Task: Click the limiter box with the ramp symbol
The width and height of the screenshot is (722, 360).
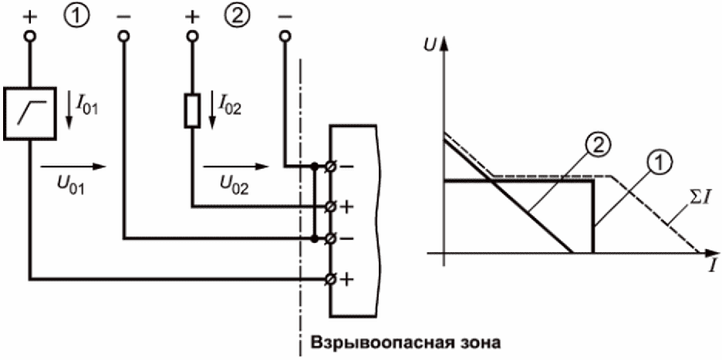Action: [x=30, y=113]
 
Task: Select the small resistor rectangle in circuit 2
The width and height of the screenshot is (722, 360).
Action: [x=191, y=110]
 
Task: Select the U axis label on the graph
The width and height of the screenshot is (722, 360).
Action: [x=430, y=45]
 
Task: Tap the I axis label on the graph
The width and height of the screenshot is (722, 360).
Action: [x=712, y=266]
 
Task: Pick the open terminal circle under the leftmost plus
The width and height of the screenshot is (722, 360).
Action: [x=30, y=36]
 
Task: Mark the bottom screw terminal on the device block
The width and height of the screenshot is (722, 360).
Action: [x=331, y=278]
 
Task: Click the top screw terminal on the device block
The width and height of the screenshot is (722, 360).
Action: [x=331, y=167]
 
